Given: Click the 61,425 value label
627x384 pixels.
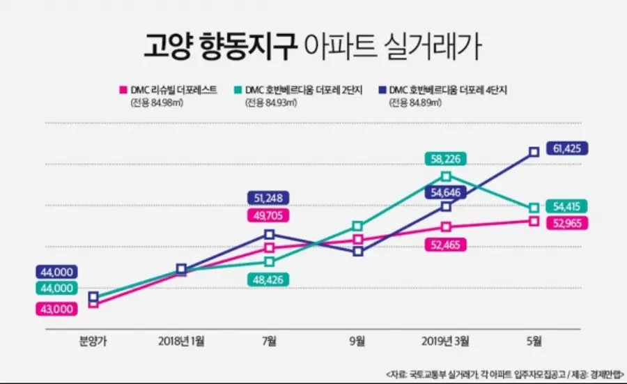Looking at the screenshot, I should point(568,148).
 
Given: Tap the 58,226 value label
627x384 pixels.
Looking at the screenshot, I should point(446,160).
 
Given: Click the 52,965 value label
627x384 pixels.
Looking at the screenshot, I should point(568,224).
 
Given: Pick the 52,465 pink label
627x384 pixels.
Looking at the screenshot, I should point(446,245).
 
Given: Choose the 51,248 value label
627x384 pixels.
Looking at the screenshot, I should point(268,197).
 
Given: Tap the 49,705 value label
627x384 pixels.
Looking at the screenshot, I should point(268,215).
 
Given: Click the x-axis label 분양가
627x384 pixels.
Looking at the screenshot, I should point(93,341).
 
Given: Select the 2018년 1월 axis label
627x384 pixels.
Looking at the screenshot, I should point(181,341).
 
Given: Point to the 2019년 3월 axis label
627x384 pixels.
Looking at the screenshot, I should point(446,341).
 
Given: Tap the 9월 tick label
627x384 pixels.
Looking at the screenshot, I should point(357,341).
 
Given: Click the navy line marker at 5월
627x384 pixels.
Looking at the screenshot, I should point(534,151).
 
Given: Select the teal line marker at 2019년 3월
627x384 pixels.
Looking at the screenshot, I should point(446,176).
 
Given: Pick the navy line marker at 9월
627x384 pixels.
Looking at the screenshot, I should point(357,252).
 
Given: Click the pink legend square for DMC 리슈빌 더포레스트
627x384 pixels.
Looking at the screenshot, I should point(123,89).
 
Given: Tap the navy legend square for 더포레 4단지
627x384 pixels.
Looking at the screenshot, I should point(384,89).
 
